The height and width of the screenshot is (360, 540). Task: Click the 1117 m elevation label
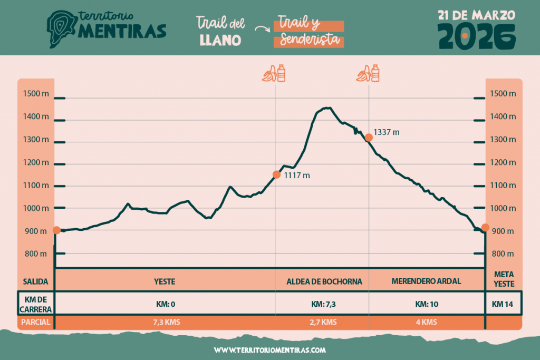tap(297, 176)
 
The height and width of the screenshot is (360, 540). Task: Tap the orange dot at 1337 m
tap(369, 137)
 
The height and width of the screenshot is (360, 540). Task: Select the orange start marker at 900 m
tap(56, 230)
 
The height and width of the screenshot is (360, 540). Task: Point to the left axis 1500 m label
tap(36, 94)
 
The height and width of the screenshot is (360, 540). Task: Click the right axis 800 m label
tap(504, 254)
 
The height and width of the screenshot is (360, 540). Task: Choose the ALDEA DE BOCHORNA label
tap(324, 281)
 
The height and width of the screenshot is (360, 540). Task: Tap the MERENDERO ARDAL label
tap(426, 281)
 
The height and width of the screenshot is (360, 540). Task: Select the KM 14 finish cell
tap(504, 304)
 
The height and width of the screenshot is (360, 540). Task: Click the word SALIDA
tap(36, 281)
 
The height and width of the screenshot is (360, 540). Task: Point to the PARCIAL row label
tap(36, 322)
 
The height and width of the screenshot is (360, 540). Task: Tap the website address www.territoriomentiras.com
tap(270, 349)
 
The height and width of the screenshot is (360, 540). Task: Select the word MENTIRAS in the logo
tap(122, 32)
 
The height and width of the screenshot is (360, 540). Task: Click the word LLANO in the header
tap(220, 40)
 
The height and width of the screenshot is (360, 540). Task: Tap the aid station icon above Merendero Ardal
tap(368, 73)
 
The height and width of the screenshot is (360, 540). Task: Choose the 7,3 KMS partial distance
tap(165, 322)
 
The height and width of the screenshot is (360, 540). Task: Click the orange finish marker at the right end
tap(485, 228)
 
